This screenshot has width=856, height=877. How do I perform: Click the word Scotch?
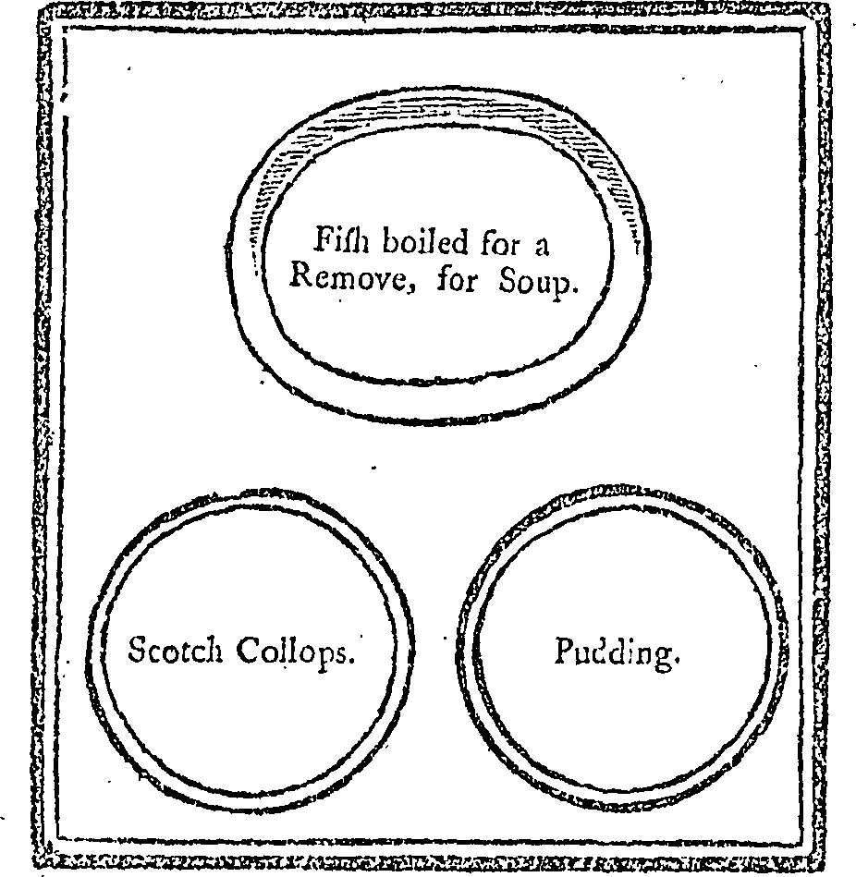175,650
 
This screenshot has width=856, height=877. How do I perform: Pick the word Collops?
291,652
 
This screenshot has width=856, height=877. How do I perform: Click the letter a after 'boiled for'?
541,247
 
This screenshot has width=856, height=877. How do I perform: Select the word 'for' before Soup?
457,277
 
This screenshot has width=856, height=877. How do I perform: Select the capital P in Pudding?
564,651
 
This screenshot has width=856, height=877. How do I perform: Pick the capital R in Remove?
301,275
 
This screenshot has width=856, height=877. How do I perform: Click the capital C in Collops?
247,650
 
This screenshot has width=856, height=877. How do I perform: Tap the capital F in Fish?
324,239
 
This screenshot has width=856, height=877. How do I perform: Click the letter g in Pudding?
663,658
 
